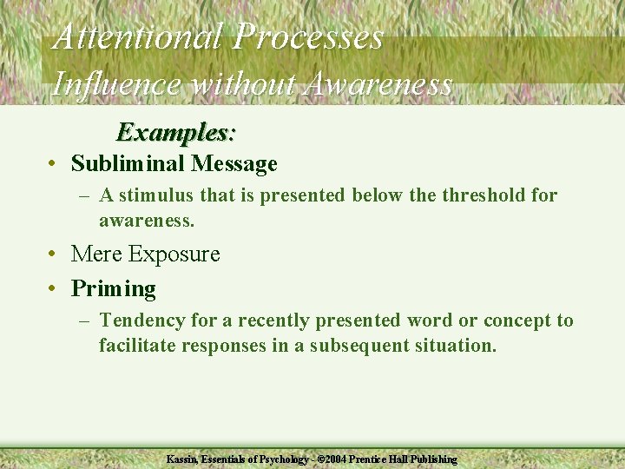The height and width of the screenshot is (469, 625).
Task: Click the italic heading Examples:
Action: (x=176, y=132)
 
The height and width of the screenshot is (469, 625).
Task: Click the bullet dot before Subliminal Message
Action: (x=54, y=164)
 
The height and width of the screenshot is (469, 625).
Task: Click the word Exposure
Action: (x=174, y=254)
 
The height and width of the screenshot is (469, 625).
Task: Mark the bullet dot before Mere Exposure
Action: (x=54, y=254)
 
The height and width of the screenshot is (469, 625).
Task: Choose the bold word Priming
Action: (x=113, y=288)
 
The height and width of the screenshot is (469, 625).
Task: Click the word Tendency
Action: (x=142, y=320)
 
